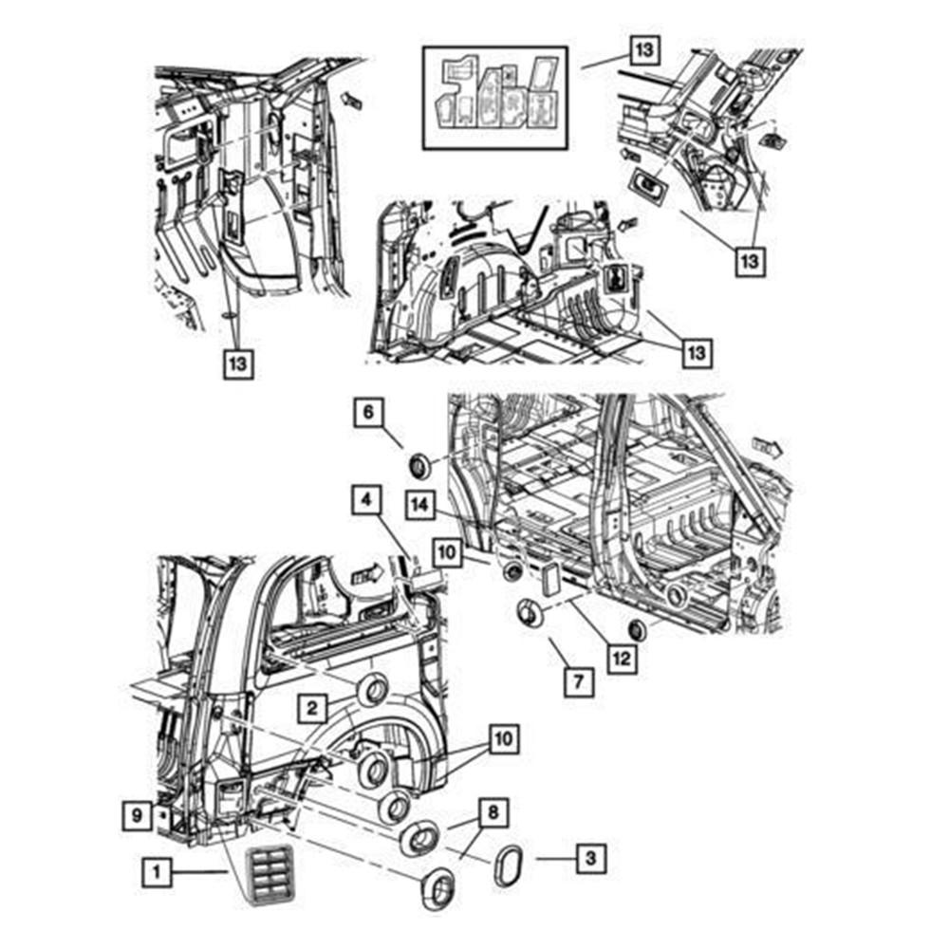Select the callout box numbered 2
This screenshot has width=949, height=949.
(x=311, y=706)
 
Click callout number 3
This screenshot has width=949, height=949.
(x=590, y=861)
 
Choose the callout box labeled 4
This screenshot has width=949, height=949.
(x=365, y=498)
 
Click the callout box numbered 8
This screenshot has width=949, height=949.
(x=493, y=813)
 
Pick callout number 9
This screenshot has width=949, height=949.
(x=137, y=813)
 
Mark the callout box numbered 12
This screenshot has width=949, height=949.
(x=622, y=655)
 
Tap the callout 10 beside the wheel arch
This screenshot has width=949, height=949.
(x=504, y=737)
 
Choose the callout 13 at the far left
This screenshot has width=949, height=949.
(x=239, y=363)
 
